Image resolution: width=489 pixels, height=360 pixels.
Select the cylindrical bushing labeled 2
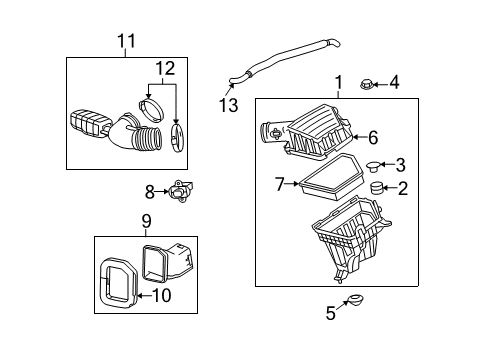tap(377, 187)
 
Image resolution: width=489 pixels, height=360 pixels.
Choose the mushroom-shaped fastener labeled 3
tap(377, 164)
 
